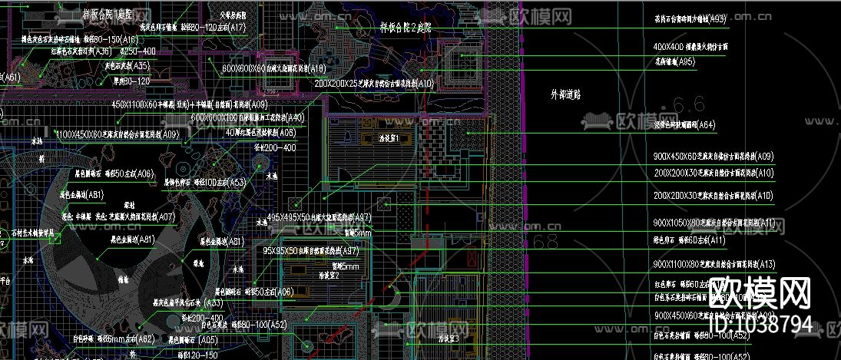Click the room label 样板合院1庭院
107,15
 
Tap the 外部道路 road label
566,94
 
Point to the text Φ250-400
137,51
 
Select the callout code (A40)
293,117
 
